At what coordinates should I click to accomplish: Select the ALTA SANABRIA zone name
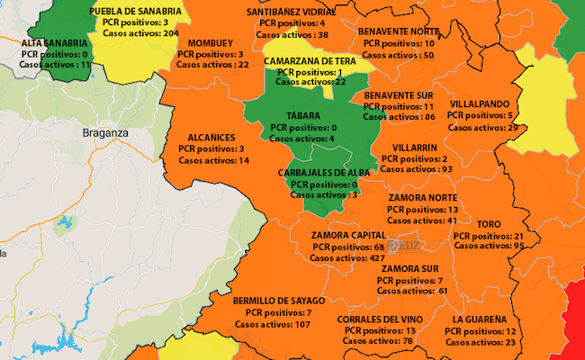click(55, 42)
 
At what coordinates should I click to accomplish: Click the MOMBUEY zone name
click(211, 42)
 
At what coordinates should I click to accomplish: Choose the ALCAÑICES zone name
click(213, 138)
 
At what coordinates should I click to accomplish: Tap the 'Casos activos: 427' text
click(347, 257)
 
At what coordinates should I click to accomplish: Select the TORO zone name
click(490, 224)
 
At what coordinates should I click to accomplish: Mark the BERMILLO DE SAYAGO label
click(271, 301)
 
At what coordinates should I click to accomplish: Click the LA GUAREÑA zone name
click(480, 319)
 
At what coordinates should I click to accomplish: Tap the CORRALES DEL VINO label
click(378, 319)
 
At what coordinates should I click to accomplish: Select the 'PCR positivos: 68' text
click(349, 247)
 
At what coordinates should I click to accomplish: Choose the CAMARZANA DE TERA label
click(310, 60)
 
